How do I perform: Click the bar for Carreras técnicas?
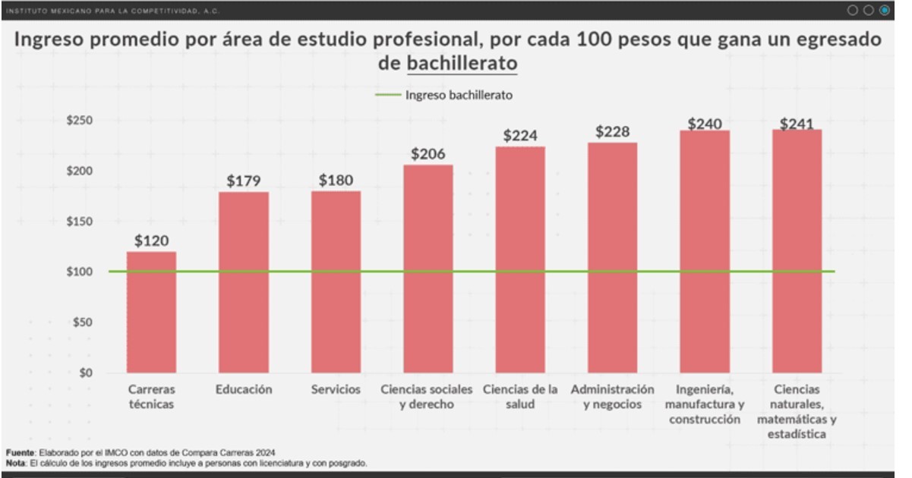[x=151, y=312]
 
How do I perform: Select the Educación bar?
[x=244, y=282]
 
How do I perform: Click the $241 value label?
[x=797, y=124]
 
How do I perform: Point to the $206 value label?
[x=428, y=153]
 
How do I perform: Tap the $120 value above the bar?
[x=151, y=241]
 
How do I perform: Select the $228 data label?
[x=612, y=132]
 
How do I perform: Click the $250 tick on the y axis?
[x=80, y=121]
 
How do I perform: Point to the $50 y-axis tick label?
[x=83, y=322]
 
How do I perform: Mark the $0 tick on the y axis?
[x=86, y=373]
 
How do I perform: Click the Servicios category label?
[x=336, y=389]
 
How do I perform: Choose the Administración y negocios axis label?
[x=612, y=397]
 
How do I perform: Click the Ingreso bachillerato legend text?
[x=459, y=96]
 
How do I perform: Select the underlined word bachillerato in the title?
[x=462, y=64]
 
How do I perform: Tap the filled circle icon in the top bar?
[x=884, y=10]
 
